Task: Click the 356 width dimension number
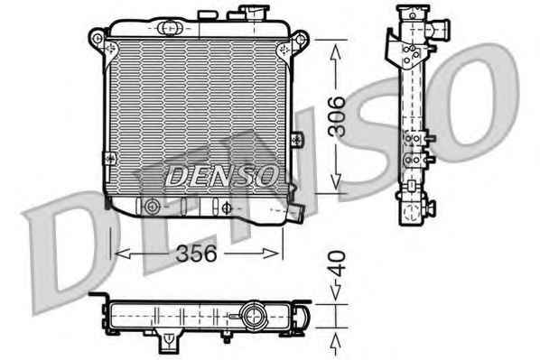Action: tap(196, 254)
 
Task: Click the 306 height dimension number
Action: tap(337, 116)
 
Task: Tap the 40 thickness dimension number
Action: tap(337, 264)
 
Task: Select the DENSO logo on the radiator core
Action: tap(221, 175)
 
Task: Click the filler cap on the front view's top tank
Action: tap(255, 13)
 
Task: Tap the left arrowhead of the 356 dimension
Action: tap(122, 254)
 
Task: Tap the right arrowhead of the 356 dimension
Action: tap(271, 254)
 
